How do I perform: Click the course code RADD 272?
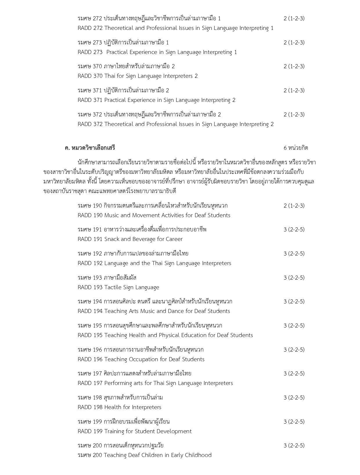(x=90, y=28)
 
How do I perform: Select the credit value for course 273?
(x=294, y=42)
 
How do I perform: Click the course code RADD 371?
(x=90, y=100)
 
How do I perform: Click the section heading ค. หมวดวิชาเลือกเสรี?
(x=90, y=148)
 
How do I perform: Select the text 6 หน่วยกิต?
(x=296, y=148)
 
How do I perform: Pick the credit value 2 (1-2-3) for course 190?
(x=294, y=206)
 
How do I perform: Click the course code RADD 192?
(x=90, y=263)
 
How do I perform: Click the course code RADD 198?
(x=90, y=407)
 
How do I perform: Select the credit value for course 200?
(x=294, y=445)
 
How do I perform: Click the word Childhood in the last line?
(x=198, y=455)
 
